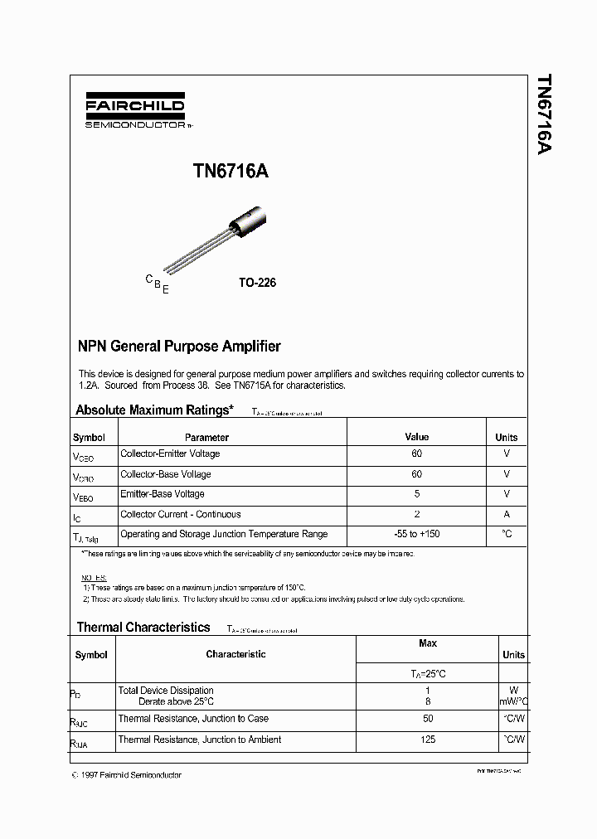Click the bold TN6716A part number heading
231,171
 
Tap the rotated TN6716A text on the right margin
543,114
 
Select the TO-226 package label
257,283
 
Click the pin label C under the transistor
149,279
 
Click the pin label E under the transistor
166,289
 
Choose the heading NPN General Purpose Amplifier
178,347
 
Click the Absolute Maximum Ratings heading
154,410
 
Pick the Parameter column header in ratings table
206,437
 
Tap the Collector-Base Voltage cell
166,474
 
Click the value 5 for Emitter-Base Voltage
416,494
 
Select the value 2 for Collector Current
416,514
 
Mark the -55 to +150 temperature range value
416,535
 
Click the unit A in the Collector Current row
506,514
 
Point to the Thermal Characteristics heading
143,628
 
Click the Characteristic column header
235,654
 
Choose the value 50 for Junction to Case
428,719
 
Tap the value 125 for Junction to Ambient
428,740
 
